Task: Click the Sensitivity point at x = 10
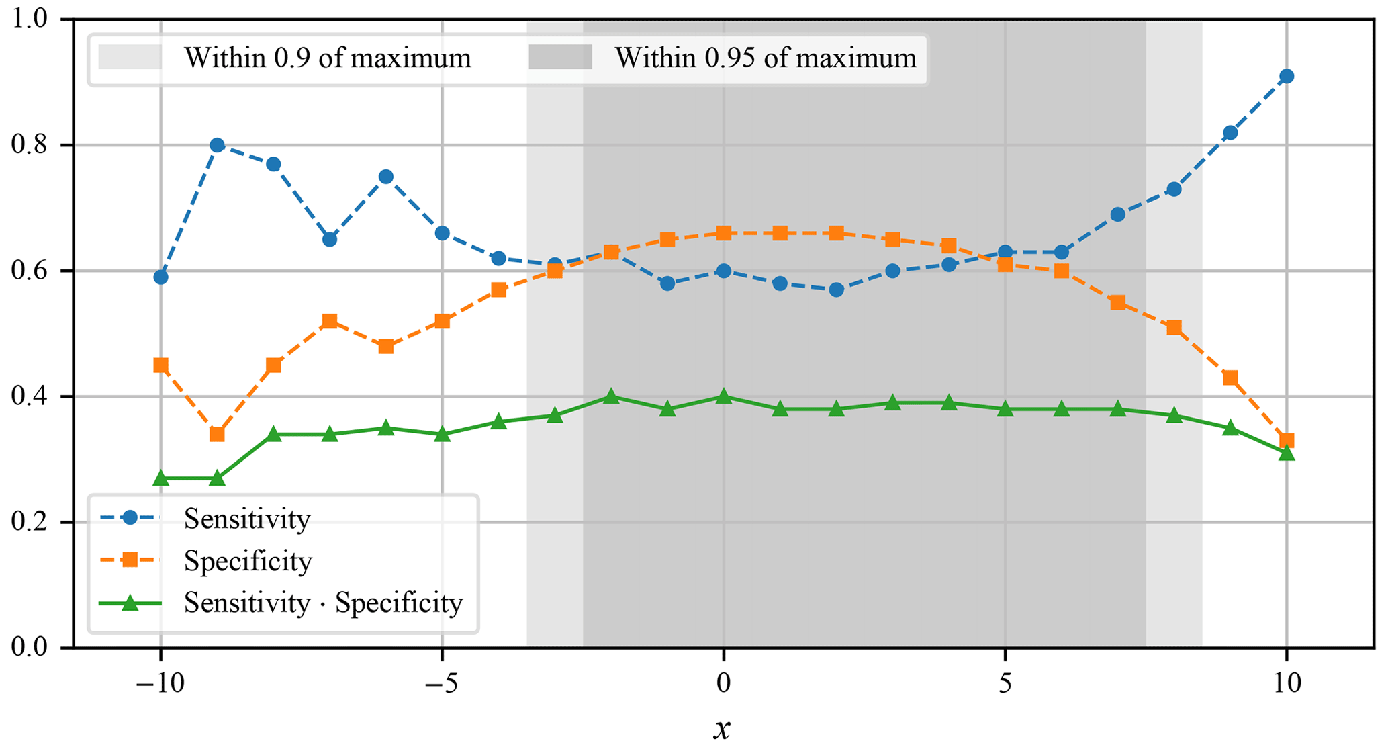coord(1286,76)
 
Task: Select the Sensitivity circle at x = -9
coord(217,145)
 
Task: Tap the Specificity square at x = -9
coord(217,434)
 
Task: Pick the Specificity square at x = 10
coord(1286,441)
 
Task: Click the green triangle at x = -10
coord(160,478)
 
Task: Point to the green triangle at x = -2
coord(611,396)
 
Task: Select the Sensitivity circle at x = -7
coord(330,239)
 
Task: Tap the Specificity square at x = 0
coord(723,233)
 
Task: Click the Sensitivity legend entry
coord(246,519)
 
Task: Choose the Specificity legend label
coord(248,561)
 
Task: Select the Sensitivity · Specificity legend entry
coord(323,603)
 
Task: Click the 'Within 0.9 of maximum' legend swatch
coord(130,58)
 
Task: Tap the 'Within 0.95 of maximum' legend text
coord(766,58)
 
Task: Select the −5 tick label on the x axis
coord(441,684)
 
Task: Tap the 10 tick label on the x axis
coord(1286,684)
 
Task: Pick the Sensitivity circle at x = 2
coord(836,290)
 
